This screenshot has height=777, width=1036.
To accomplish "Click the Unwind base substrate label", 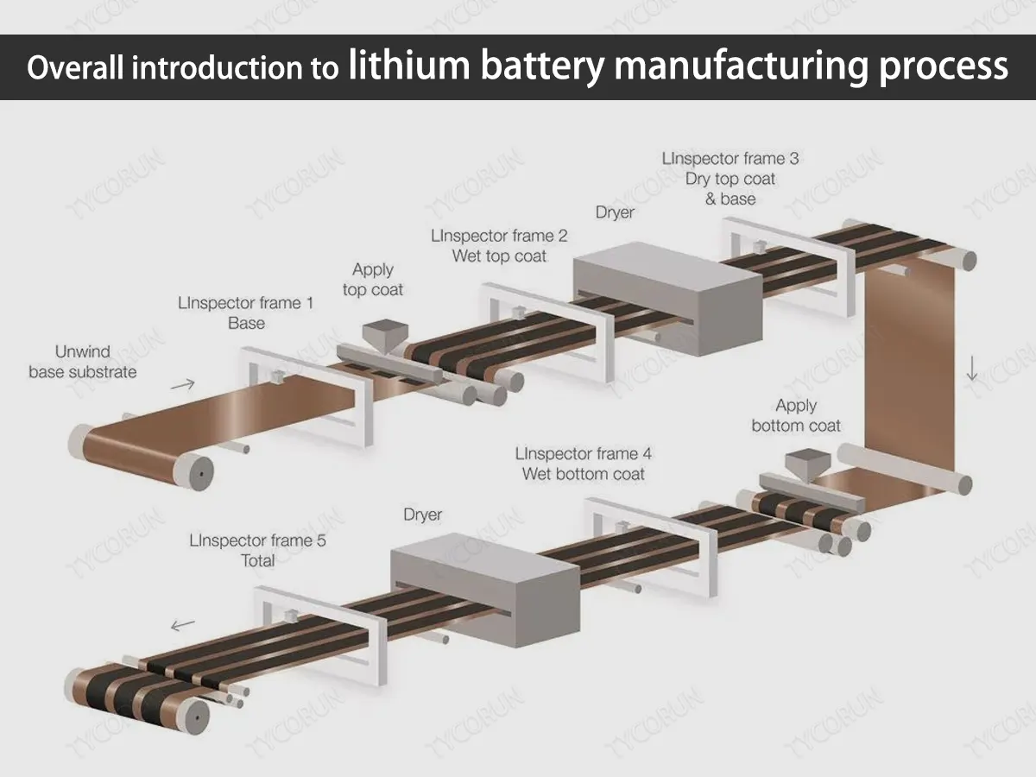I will pos(83,363).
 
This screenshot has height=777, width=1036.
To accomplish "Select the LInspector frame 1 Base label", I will pos(246,313).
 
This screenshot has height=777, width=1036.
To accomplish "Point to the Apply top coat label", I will pos(373,280).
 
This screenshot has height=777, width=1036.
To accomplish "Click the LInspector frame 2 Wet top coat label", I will pos(499,246).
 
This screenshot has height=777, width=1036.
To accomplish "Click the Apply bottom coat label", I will pos(796,415).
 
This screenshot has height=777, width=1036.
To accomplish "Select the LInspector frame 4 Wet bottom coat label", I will pos(584,464).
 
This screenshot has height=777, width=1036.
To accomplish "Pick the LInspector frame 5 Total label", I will pos(258,551).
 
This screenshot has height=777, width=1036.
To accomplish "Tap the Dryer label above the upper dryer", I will pos(615,212).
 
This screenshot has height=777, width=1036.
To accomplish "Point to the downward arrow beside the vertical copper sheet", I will pos(973,368).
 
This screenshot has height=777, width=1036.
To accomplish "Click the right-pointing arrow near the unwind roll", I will pos(183,385).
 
